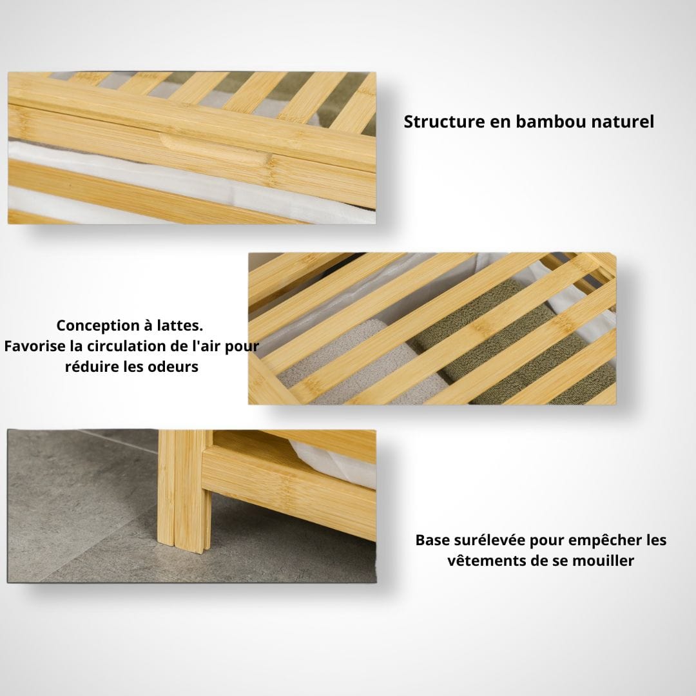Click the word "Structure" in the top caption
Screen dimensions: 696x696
[x=444, y=122]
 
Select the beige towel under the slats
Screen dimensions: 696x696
[x=355, y=364]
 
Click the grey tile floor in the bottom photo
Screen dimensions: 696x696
[x=80, y=510]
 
